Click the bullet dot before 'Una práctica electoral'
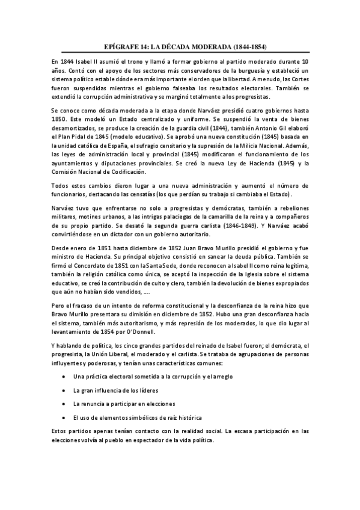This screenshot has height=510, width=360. coord(64,376)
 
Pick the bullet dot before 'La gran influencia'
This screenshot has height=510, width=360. coord(64,390)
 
